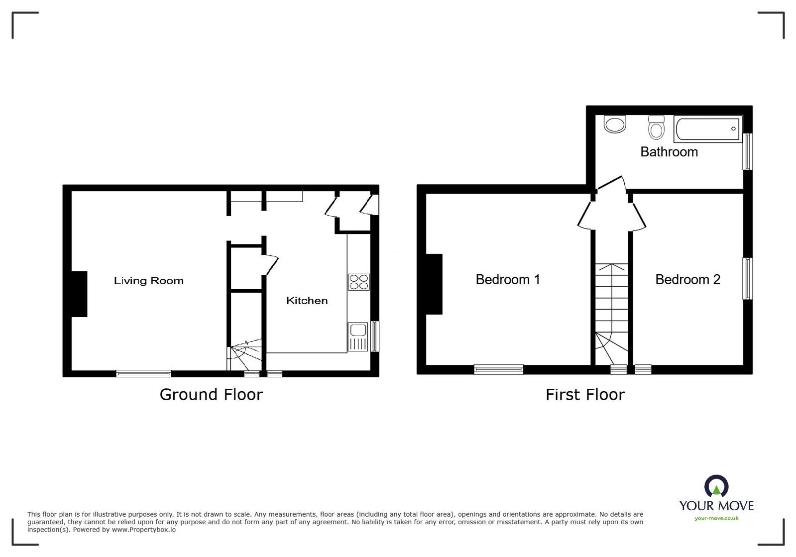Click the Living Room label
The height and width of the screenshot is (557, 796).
tap(148, 281)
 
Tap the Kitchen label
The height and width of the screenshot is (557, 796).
tap(307, 301)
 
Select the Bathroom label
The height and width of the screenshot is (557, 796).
tap(669, 152)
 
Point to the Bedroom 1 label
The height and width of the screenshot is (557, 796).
tap(507, 279)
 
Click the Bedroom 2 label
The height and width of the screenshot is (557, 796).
tap(687, 279)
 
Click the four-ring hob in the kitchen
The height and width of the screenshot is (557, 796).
tap(358, 282)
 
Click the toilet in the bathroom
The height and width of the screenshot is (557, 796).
tap(657, 127)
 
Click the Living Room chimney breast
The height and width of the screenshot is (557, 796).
tap(79, 294)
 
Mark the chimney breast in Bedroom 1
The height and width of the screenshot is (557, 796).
tap(434, 284)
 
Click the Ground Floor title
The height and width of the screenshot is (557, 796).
tap(211, 394)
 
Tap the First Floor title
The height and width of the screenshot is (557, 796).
tap(584, 395)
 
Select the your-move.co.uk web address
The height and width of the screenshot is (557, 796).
tap(716, 518)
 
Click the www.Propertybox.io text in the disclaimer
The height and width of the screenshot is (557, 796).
tap(143, 530)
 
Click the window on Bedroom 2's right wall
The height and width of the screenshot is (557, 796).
tap(747, 278)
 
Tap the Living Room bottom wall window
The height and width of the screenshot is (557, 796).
tap(143, 373)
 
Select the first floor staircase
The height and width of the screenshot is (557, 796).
tap(612, 314)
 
